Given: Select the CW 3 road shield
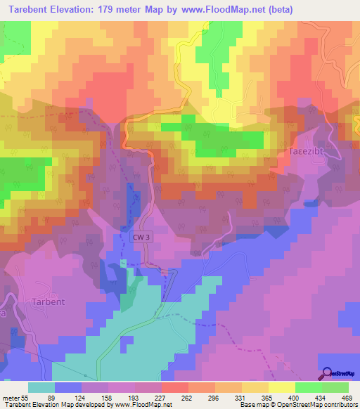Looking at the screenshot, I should [x=141, y=238].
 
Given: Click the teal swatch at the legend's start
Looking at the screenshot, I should [x=41, y=387].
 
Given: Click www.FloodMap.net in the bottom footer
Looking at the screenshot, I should [x=138, y=405].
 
